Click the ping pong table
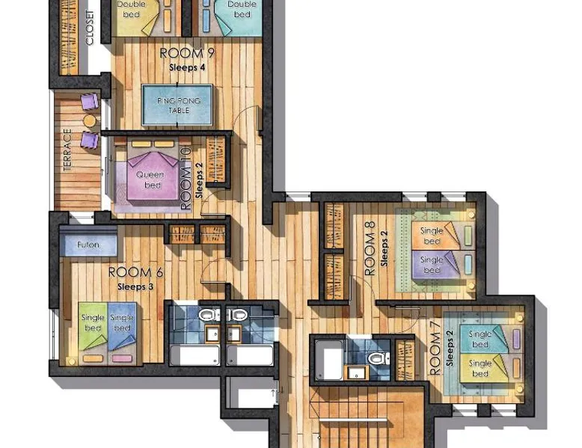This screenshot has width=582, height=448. click(x=177, y=105)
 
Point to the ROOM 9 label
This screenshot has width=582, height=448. click(x=187, y=53)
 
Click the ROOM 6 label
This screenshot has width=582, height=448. click(x=135, y=272)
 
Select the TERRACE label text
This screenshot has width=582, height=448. click(x=67, y=150)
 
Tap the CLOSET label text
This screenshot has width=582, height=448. click(x=90, y=28)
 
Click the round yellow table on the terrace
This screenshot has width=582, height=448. click(x=90, y=120)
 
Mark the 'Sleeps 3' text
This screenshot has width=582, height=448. click(x=135, y=286)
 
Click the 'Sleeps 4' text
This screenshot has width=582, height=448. click(x=187, y=67)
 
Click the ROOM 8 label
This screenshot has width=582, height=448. click(x=370, y=249)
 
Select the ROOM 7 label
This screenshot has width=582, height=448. click(x=435, y=349)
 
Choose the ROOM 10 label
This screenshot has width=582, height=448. click(x=186, y=179)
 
